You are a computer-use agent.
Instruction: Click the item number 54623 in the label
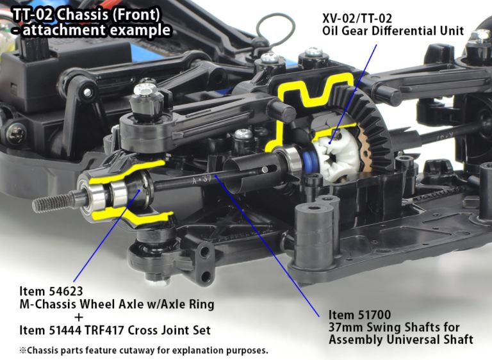[66, 291]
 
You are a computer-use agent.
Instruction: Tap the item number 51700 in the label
[375, 315]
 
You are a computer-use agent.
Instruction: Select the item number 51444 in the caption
[66, 330]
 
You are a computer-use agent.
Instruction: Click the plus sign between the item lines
[79, 317]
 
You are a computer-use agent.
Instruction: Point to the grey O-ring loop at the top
[275, 28]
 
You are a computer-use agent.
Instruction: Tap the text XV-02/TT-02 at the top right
[357, 19]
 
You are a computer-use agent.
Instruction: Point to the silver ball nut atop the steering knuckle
[145, 90]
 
